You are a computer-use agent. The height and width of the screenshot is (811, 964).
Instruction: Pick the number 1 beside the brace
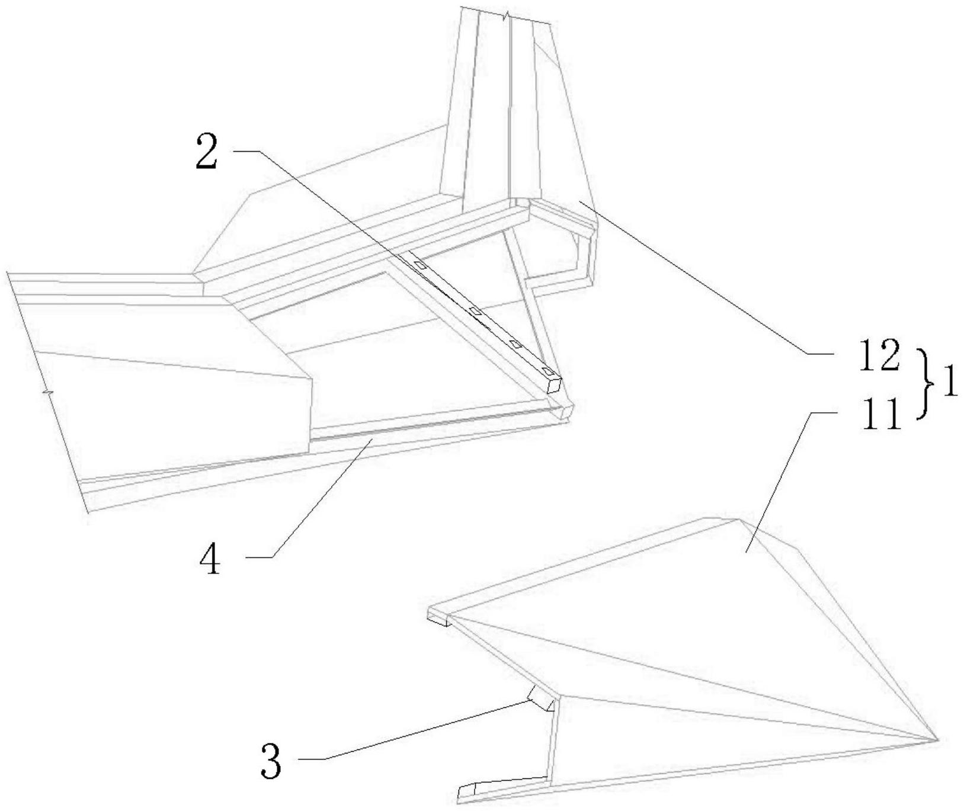tap(946, 386)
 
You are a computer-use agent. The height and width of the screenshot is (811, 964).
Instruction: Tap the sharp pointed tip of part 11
tap(936, 739)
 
